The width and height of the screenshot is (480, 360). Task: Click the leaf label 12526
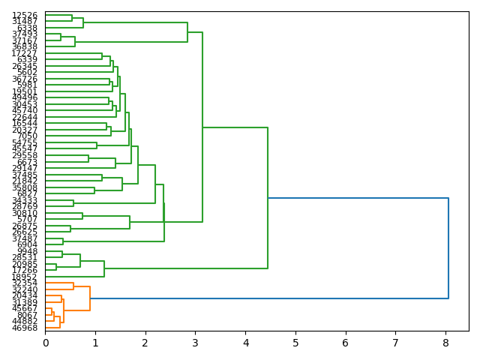25,15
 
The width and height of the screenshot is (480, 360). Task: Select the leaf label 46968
25,328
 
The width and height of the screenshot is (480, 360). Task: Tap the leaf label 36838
25,46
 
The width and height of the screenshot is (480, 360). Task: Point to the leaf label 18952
25,277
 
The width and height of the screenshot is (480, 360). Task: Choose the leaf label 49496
25,97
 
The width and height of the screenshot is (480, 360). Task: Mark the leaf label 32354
25,283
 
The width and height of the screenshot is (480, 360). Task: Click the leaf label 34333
25,200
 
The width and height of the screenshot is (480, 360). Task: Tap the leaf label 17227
25,53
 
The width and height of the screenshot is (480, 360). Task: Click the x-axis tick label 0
45,343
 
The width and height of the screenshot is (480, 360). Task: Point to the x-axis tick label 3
195,343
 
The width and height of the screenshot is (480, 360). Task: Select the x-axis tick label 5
295,343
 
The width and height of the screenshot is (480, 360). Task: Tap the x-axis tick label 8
445,343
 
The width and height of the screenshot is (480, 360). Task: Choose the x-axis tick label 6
346,343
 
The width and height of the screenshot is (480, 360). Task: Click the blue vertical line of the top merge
448,248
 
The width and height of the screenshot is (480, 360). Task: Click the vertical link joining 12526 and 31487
72,18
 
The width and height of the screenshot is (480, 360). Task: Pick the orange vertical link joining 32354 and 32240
73,286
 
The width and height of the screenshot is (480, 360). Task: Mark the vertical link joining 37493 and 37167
61,37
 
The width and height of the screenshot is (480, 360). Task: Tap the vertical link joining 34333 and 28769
73,203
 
